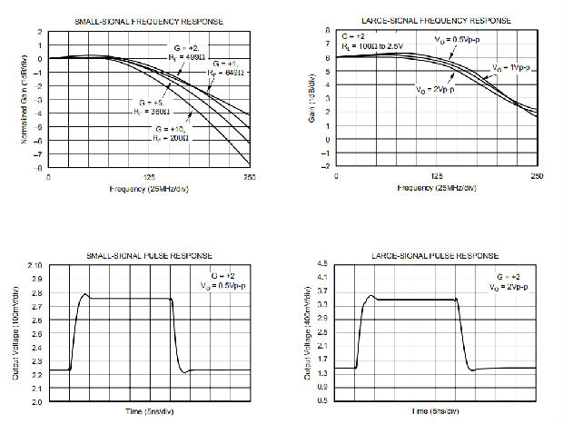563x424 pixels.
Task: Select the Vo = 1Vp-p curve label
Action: click(511, 67)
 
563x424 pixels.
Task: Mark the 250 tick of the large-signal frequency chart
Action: click(538, 177)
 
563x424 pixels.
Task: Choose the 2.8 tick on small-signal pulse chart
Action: click(35, 293)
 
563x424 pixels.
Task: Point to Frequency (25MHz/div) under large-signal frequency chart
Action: click(436, 188)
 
